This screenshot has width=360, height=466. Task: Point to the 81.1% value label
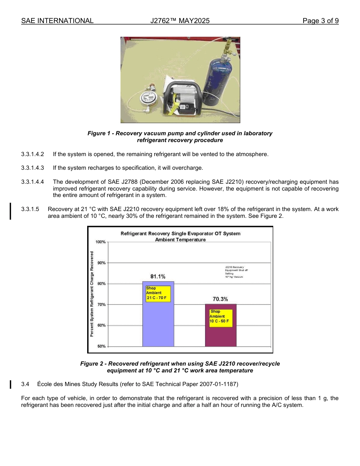(158, 277)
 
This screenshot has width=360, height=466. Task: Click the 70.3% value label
(220, 299)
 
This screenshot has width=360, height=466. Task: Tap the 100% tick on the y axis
(102, 242)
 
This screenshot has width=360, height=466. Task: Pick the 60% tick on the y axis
(102, 325)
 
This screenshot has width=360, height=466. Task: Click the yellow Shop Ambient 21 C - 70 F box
(158, 293)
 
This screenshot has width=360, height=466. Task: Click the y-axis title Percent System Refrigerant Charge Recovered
(92, 294)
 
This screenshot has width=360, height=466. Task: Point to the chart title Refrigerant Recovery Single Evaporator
(180, 233)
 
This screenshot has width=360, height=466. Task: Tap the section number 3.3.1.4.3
(33, 168)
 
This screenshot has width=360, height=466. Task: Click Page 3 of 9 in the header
(320, 21)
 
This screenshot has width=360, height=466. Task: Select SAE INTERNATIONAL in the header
(57, 21)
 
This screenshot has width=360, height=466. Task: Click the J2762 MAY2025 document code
(180, 21)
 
